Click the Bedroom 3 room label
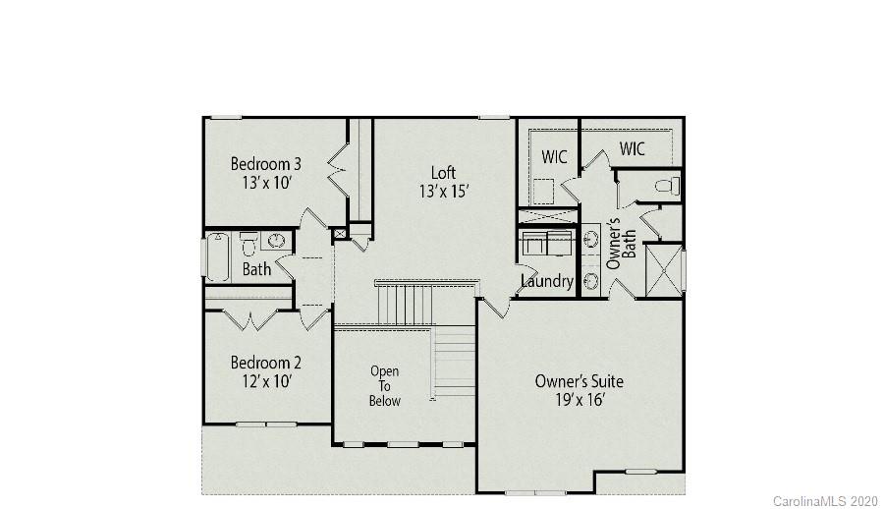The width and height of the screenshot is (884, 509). point(265,163)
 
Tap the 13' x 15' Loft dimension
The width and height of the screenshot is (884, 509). point(443,193)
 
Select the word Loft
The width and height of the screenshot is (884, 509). point(443,174)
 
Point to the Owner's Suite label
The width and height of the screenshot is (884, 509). point(579,381)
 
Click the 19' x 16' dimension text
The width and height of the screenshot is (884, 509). point(579,400)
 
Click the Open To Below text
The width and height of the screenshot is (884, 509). point(384,385)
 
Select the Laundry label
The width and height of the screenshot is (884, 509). point(546,281)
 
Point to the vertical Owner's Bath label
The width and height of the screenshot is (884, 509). point(614,244)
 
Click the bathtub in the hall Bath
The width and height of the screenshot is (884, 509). point(217,256)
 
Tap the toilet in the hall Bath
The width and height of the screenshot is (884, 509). point(249,242)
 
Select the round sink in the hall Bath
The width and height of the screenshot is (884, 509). point(277,241)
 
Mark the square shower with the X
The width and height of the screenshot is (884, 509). point(663,269)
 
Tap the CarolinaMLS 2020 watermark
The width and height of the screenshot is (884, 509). point(825,501)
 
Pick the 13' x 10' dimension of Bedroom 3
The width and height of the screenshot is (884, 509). point(265,182)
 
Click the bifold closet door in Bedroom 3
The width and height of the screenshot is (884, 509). point(338,169)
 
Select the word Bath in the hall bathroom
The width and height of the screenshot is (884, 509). point(256,269)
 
